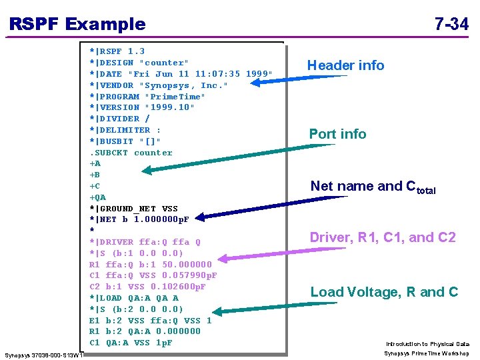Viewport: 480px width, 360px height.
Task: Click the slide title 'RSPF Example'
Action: [x=77, y=25]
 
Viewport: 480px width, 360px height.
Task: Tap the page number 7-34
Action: [x=451, y=25]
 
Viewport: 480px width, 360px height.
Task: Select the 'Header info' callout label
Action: [x=345, y=65]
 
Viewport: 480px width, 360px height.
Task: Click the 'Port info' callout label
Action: [x=337, y=134]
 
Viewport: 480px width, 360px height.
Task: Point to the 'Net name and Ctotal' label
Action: [x=373, y=187]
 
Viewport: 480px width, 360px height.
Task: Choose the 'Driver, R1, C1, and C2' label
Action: [x=383, y=237]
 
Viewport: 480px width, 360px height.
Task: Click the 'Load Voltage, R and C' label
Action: [x=384, y=292]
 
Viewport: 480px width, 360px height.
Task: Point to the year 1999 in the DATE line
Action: [x=259, y=74]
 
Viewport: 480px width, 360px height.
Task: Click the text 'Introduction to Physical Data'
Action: [x=427, y=344]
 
